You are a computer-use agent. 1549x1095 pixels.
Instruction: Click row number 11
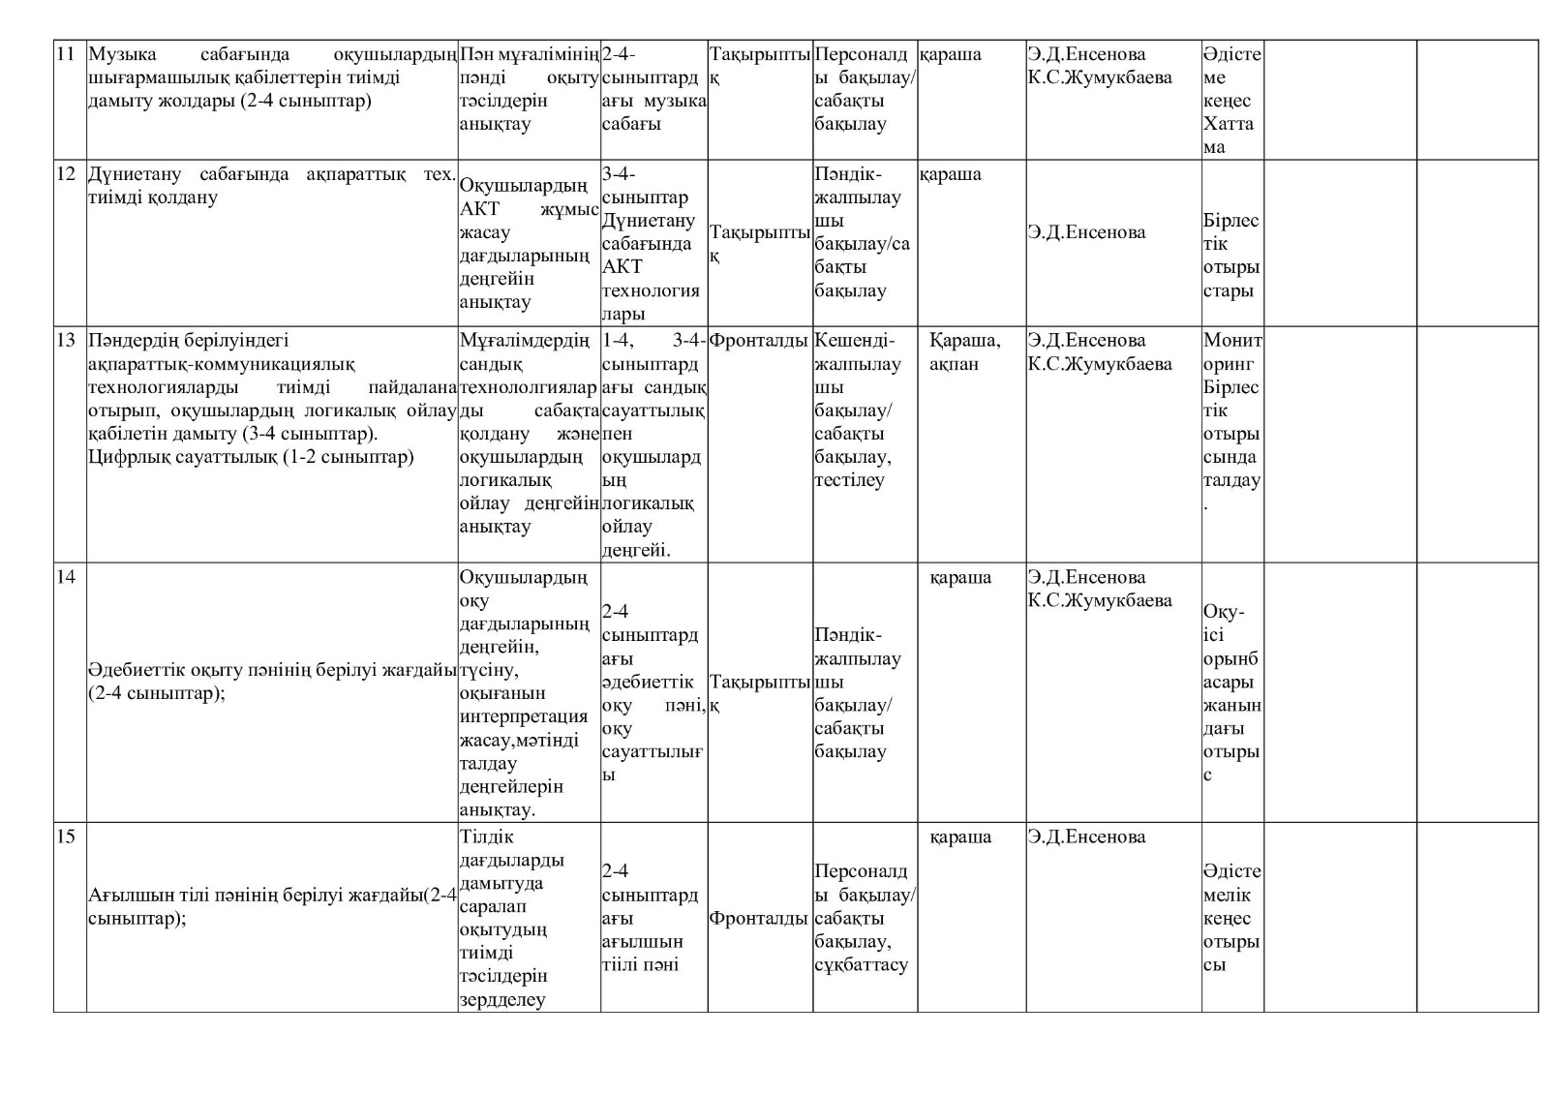pyautogui.click(x=66, y=54)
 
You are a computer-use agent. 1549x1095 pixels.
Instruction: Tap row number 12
pyautogui.click(x=66, y=174)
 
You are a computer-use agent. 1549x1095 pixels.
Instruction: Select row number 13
pyautogui.click(x=66, y=341)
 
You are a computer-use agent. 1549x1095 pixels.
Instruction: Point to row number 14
pyautogui.click(x=66, y=578)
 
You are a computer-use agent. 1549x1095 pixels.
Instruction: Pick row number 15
pyautogui.click(x=66, y=837)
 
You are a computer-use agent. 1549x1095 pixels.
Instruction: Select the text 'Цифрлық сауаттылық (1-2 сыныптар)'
pyautogui.click(x=251, y=457)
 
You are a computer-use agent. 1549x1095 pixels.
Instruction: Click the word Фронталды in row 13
pyautogui.click(x=759, y=341)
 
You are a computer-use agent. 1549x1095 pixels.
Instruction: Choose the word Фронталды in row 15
pyautogui.click(x=759, y=919)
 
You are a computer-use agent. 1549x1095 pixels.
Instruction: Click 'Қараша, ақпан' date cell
pyautogui.click(x=964, y=352)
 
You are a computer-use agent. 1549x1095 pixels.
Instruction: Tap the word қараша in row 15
pyautogui.click(x=960, y=837)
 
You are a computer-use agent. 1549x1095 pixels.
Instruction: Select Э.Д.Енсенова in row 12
pyautogui.click(x=1086, y=232)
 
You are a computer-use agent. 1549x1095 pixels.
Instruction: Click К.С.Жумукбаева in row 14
pyautogui.click(x=1100, y=601)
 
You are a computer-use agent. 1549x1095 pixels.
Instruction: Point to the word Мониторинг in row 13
pyautogui.click(x=1231, y=352)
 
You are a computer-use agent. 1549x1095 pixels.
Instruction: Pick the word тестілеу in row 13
pyautogui.click(x=849, y=480)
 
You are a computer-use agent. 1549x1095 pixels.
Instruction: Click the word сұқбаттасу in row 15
pyautogui.click(x=861, y=965)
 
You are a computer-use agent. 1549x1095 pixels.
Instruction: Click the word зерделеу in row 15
pyautogui.click(x=502, y=1000)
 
